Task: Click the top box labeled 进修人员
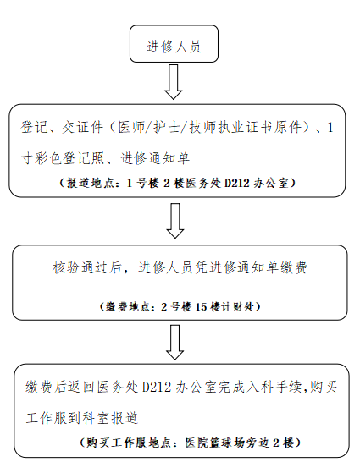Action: [x=174, y=44]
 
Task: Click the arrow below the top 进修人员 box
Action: [x=174, y=82]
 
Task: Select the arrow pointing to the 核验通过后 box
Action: [x=175, y=220]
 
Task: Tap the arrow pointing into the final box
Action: [x=175, y=342]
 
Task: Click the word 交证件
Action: [x=82, y=127]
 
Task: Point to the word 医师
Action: [x=131, y=127]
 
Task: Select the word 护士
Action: [x=167, y=127]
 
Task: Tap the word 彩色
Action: [x=48, y=158]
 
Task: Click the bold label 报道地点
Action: [x=86, y=184]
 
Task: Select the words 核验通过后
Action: [x=87, y=268]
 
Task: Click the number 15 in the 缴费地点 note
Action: [x=201, y=306]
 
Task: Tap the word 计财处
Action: [x=238, y=306]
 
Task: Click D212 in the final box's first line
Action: [x=157, y=388]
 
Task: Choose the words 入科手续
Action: [x=274, y=388]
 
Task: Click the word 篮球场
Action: [x=226, y=443]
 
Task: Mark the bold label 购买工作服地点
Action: [x=129, y=443]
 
